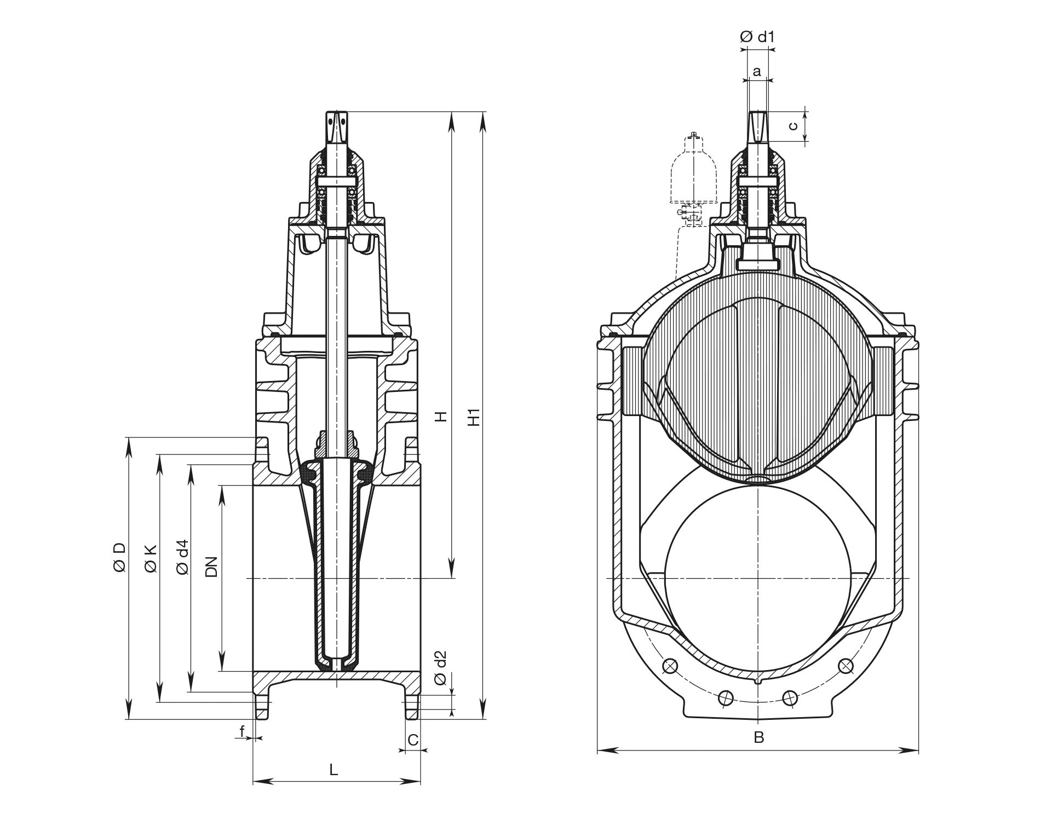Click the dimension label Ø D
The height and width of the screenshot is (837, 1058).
point(119,558)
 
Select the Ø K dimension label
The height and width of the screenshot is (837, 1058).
point(151,558)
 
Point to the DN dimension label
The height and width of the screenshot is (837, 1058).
point(211,567)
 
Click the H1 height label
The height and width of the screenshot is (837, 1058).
point(474,417)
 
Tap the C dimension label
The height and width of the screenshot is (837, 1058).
point(413,740)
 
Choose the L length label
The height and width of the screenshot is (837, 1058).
point(334,770)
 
